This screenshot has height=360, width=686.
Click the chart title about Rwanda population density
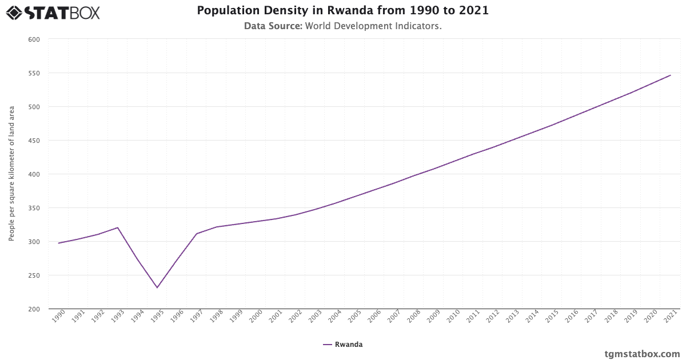343,11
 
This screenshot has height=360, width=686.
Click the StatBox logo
53,12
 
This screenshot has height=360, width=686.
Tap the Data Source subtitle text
343,26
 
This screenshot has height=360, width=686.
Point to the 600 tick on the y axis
34,39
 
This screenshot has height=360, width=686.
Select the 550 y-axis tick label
34,73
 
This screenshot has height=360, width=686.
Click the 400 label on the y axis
34,174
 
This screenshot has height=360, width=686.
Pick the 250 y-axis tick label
34,275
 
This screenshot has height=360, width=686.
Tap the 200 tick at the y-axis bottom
34,309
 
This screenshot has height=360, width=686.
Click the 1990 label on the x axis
58,317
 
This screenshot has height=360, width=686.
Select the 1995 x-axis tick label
157,317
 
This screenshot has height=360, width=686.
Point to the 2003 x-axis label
315,317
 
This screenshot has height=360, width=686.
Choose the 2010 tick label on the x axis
453,317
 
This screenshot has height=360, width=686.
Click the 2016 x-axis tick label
572,317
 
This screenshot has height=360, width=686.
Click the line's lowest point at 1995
157,287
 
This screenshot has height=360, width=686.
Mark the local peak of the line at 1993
117,227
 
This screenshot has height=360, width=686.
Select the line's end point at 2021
671,75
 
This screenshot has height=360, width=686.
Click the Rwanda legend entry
343,345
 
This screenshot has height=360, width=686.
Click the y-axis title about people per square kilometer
11,174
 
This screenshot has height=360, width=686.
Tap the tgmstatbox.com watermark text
642,354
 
